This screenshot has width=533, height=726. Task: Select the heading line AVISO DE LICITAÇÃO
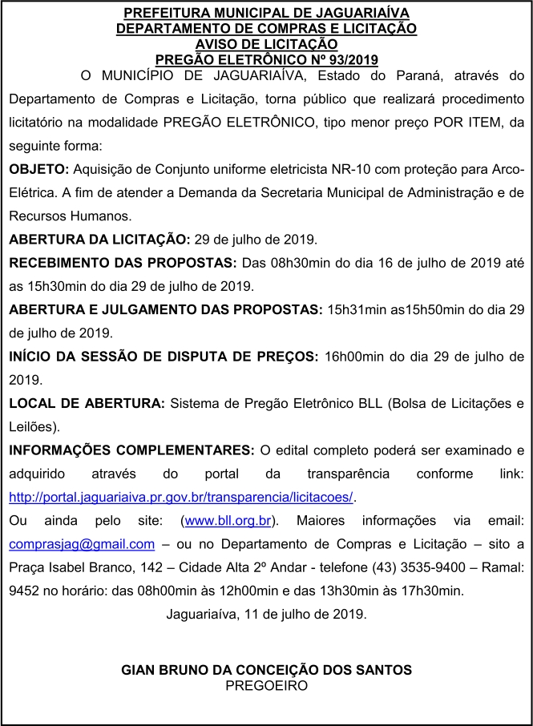(x=266, y=44)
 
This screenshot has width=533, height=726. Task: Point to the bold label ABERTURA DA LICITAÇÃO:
(x=99, y=239)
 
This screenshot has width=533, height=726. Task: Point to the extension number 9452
(x=25, y=591)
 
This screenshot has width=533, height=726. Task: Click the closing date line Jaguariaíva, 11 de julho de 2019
(x=266, y=615)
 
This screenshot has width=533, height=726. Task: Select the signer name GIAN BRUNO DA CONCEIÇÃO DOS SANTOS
(x=266, y=669)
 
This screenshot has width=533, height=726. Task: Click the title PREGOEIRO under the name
(x=266, y=685)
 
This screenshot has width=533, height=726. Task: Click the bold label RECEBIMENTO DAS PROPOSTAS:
(x=123, y=262)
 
